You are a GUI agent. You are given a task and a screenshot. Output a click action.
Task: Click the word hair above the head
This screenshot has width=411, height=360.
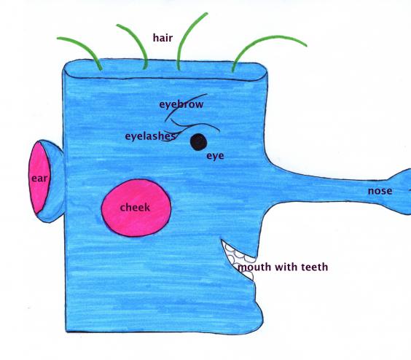163,38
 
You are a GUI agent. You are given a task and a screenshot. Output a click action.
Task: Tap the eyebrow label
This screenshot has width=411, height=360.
181,104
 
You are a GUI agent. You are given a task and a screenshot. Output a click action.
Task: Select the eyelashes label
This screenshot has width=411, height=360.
150,136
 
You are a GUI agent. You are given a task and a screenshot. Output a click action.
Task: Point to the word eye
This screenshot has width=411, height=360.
215,156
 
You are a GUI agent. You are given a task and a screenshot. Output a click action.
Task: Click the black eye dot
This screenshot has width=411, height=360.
198,142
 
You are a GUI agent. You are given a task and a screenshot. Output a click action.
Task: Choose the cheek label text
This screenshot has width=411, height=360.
135,208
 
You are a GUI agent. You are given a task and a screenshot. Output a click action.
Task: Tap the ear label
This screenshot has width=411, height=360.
39,179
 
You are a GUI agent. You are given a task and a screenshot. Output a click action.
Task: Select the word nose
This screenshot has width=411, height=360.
380,191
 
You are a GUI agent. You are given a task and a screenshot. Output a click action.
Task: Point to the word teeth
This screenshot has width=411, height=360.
315,267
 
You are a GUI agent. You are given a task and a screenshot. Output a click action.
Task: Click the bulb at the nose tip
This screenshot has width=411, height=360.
401,192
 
